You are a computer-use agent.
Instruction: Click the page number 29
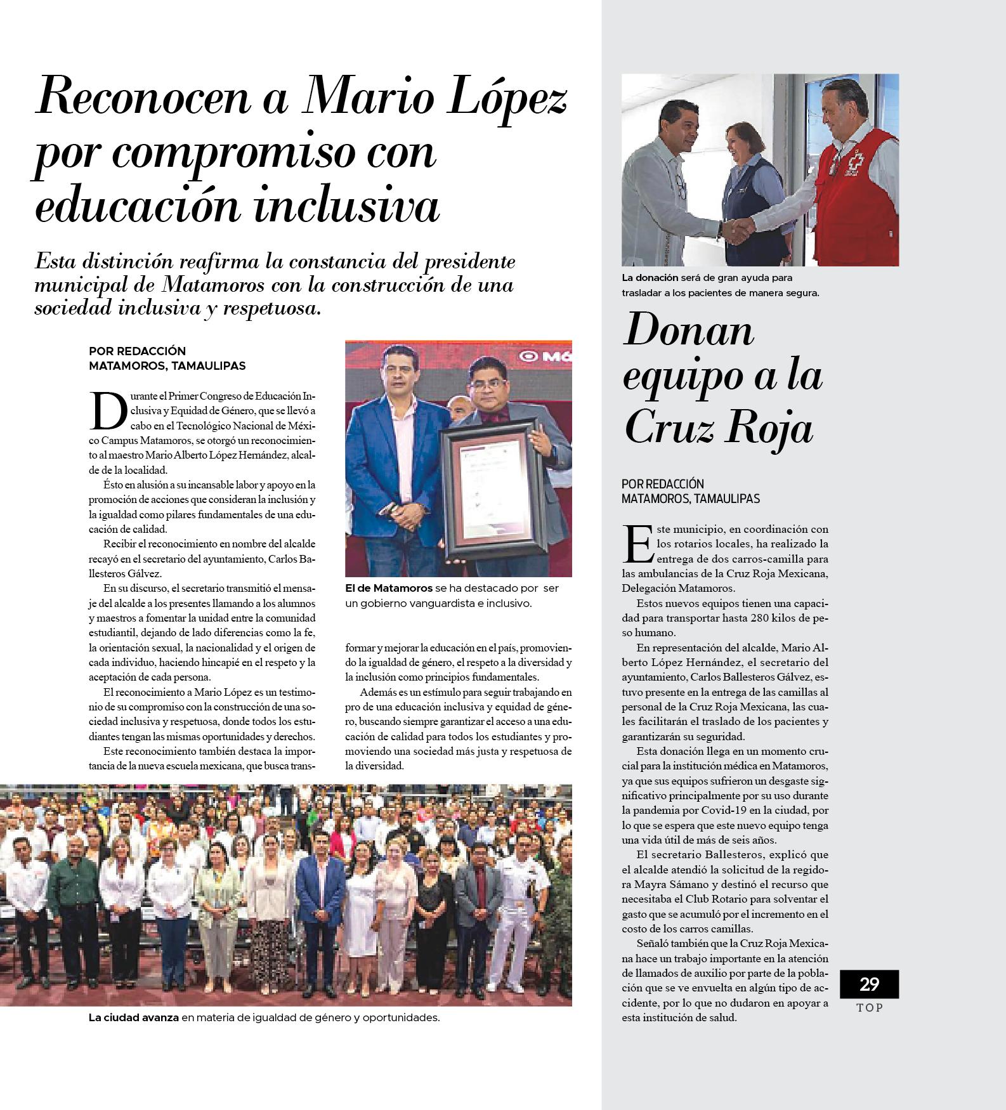point(869,984)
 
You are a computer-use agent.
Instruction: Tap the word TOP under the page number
point(870,1007)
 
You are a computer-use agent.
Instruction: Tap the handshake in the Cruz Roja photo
point(737,230)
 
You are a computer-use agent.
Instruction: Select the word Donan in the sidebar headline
point(689,330)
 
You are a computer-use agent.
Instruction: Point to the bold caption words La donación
point(650,278)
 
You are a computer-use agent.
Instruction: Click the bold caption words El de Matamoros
point(389,588)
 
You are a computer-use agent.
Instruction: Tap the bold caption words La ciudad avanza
point(134,1018)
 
